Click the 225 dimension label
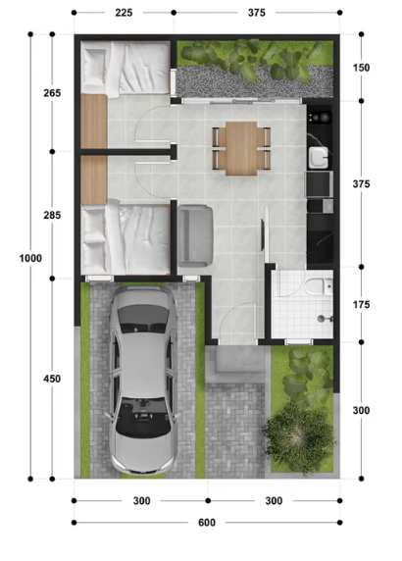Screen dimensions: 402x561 (x=124, y=13)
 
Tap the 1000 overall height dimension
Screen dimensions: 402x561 (x=30, y=258)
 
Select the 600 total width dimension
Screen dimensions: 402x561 (x=207, y=523)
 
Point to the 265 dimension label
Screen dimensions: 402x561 (x=52, y=93)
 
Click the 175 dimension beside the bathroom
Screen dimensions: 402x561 (x=361, y=304)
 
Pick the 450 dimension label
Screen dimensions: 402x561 (x=52, y=379)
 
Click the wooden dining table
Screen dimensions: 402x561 (x=241, y=148)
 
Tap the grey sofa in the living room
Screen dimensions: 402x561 (x=195, y=235)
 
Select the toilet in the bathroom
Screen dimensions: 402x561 (x=319, y=286)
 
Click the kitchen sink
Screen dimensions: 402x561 (x=319, y=158)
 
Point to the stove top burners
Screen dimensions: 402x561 (x=320, y=118)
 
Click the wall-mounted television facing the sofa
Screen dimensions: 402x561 (x=263, y=234)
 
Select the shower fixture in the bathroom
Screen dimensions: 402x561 (x=325, y=318)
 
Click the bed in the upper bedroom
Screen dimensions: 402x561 (x=126, y=68)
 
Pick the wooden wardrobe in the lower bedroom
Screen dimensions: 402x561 (x=94, y=179)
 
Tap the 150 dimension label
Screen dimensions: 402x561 (x=361, y=68)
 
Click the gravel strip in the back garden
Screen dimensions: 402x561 (x=254, y=82)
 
